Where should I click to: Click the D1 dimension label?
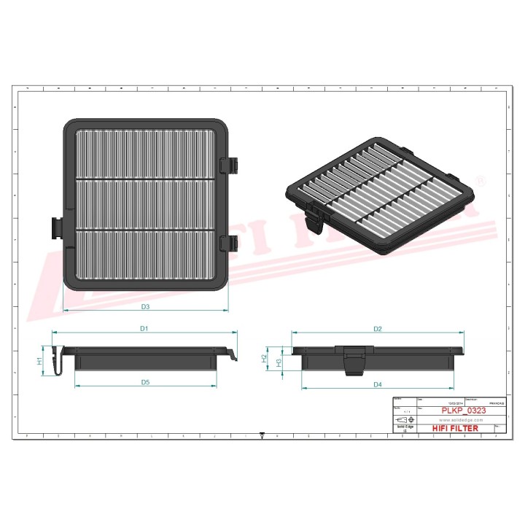pyautogui.click(x=144, y=329)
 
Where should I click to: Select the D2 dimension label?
pyautogui.click(x=378, y=329)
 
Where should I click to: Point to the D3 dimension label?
pyautogui.click(x=145, y=306)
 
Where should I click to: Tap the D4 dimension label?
pyautogui.click(x=378, y=384)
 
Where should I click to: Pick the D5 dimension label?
pyautogui.click(x=145, y=382)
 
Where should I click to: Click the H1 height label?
pyautogui.click(x=40, y=360)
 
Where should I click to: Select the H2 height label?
pyautogui.click(x=264, y=358)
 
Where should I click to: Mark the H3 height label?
pyautogui.click(x=278, y=360)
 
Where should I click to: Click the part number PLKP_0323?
pyautogui.click(x=464, y=411)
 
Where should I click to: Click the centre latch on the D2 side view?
pyautogui.click(x=355, y=359)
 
